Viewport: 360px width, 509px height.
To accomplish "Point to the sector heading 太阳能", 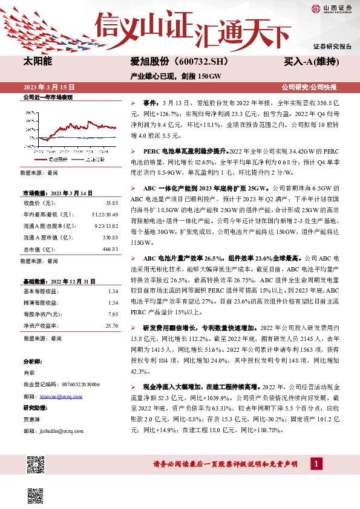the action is pyautogui.click(x=38, y=62).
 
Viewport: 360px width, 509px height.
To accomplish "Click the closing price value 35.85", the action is pyautogui.click(x=111, y=203).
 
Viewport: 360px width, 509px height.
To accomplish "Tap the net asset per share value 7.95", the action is pyautogui.click(x=113, y=314).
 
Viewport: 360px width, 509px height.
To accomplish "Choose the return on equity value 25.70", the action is pyautogui.click(x=111, y=325).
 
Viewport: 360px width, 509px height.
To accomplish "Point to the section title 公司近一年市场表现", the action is pyautogui.click(x=47, y=97).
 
